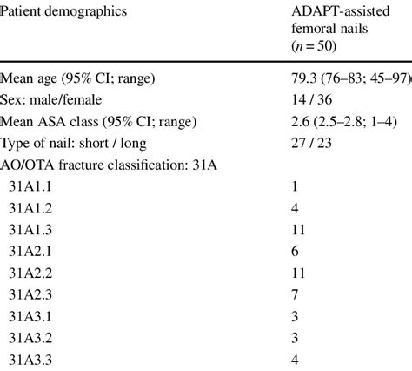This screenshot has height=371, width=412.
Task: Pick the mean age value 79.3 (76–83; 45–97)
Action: point(351,79)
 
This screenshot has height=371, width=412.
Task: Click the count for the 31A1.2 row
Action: point(296,208)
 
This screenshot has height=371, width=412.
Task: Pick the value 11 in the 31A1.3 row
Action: point(298,230)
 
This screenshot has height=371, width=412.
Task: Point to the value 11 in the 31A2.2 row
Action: point(298,273)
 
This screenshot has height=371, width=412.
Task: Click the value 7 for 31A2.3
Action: point(296,294)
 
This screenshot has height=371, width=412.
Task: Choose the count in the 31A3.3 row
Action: point(296,359)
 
